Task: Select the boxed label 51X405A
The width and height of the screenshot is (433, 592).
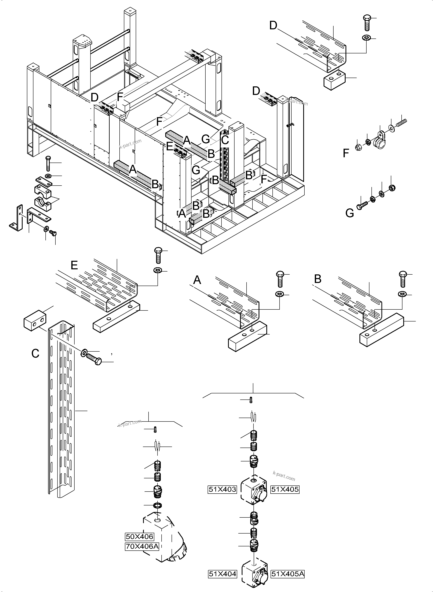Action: [x=288, y=574]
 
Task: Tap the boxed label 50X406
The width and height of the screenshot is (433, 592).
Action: [x=139, y=536]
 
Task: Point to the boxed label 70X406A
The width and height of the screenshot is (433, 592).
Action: [x=142, y=546]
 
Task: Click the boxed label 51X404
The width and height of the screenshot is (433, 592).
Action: [x=222, y=574]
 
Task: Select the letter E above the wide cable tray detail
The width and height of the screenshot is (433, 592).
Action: [x=74, y=265]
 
